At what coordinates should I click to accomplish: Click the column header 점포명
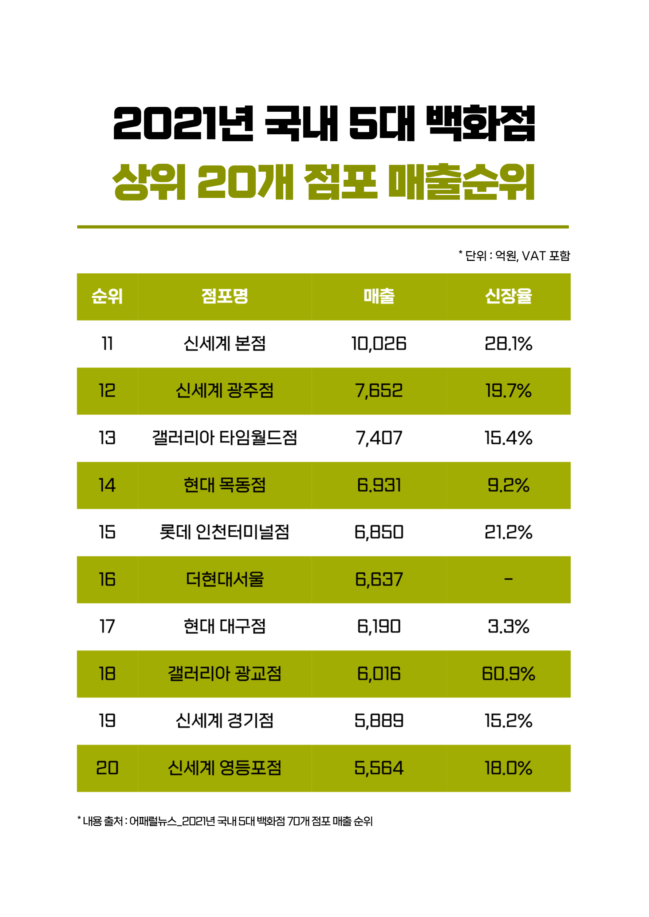[x=225, y=296]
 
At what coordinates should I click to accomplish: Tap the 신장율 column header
[x=508, y=296]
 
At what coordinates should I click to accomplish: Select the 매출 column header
[x=379, y=296]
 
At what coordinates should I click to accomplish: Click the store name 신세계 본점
[x=225, y=344]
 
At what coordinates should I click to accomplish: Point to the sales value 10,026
[x=379, y=344]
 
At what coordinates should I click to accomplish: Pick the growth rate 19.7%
[x=508, y=390]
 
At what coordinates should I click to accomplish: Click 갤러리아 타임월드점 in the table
[x=225, y=438]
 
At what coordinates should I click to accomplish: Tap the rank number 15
[x=107, y=532]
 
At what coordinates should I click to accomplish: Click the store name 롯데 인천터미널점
[x=225, y=532]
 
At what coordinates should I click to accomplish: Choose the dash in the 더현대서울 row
[x=508, y=579]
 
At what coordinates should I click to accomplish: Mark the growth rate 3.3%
[x=508, y=627]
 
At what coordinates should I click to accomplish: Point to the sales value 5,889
[x=379, y=721]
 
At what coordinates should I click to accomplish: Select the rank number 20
[x=107, y=768]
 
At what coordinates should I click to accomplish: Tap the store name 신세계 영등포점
[x=225, y=768]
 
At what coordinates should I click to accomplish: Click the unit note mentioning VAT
[x=514, y=255]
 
